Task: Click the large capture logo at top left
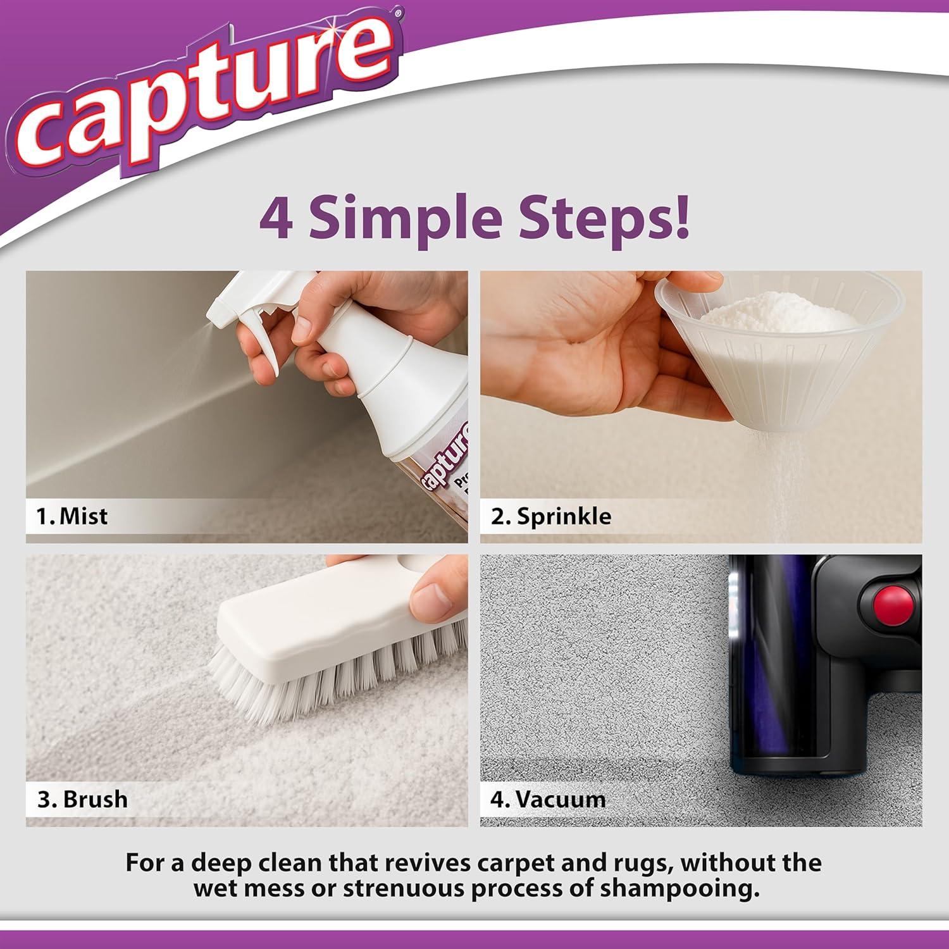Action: [202, 95]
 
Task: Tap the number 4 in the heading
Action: [276, 218]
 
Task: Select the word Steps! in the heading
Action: [604, 218]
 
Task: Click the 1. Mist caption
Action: [71, 516]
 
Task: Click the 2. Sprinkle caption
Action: [551, 516]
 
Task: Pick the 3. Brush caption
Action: [82, 799]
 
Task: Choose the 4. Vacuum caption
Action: [548, 799]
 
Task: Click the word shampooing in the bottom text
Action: [679, 888]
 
